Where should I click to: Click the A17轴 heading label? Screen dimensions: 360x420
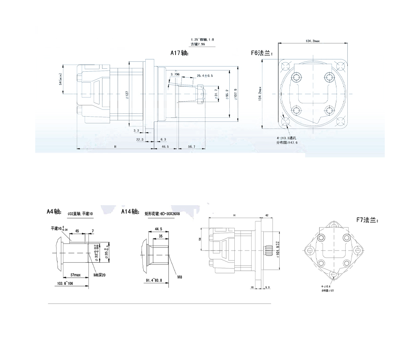pos(180,53)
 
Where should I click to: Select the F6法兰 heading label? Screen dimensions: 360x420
pos(262,53)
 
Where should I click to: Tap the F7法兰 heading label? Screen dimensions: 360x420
pos(367,219)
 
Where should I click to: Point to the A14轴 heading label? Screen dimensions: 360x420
pos(130,211)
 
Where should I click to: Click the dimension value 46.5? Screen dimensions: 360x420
pos(165,147)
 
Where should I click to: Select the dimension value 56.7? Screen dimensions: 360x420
pos(192,147)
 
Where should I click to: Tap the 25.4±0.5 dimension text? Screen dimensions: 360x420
pos(205,76)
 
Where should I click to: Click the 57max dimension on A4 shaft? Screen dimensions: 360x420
pos(75,274)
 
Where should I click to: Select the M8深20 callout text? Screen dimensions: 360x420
pos(99,275)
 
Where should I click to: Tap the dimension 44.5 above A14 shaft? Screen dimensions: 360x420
pos(158,229)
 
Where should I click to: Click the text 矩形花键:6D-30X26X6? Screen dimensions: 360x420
pos(162,214)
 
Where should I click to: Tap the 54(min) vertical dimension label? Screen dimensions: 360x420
pos(61,78)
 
